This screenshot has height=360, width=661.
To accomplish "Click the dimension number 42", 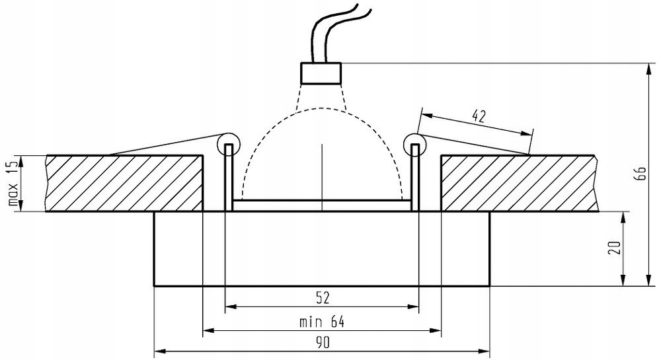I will pyautogui.click(x=479, y=117).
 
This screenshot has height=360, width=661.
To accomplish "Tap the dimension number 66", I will pyautogui.click(x=639, y=174).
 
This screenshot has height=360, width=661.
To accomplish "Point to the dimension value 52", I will pyautogui.click(x=322, y=298).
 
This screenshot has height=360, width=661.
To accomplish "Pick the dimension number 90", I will pyautogui.click(x=322, y=344).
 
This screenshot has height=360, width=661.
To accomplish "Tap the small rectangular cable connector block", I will pyautogui.click(x=321, y=72).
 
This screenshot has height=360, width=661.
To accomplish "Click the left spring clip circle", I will pyautogui.click(x=228, y=140).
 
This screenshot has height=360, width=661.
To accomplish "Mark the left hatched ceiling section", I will pyautogui.click(x=124, y=183).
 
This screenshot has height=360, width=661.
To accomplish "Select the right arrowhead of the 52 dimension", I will pyautogui.click(x=414, y=306).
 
